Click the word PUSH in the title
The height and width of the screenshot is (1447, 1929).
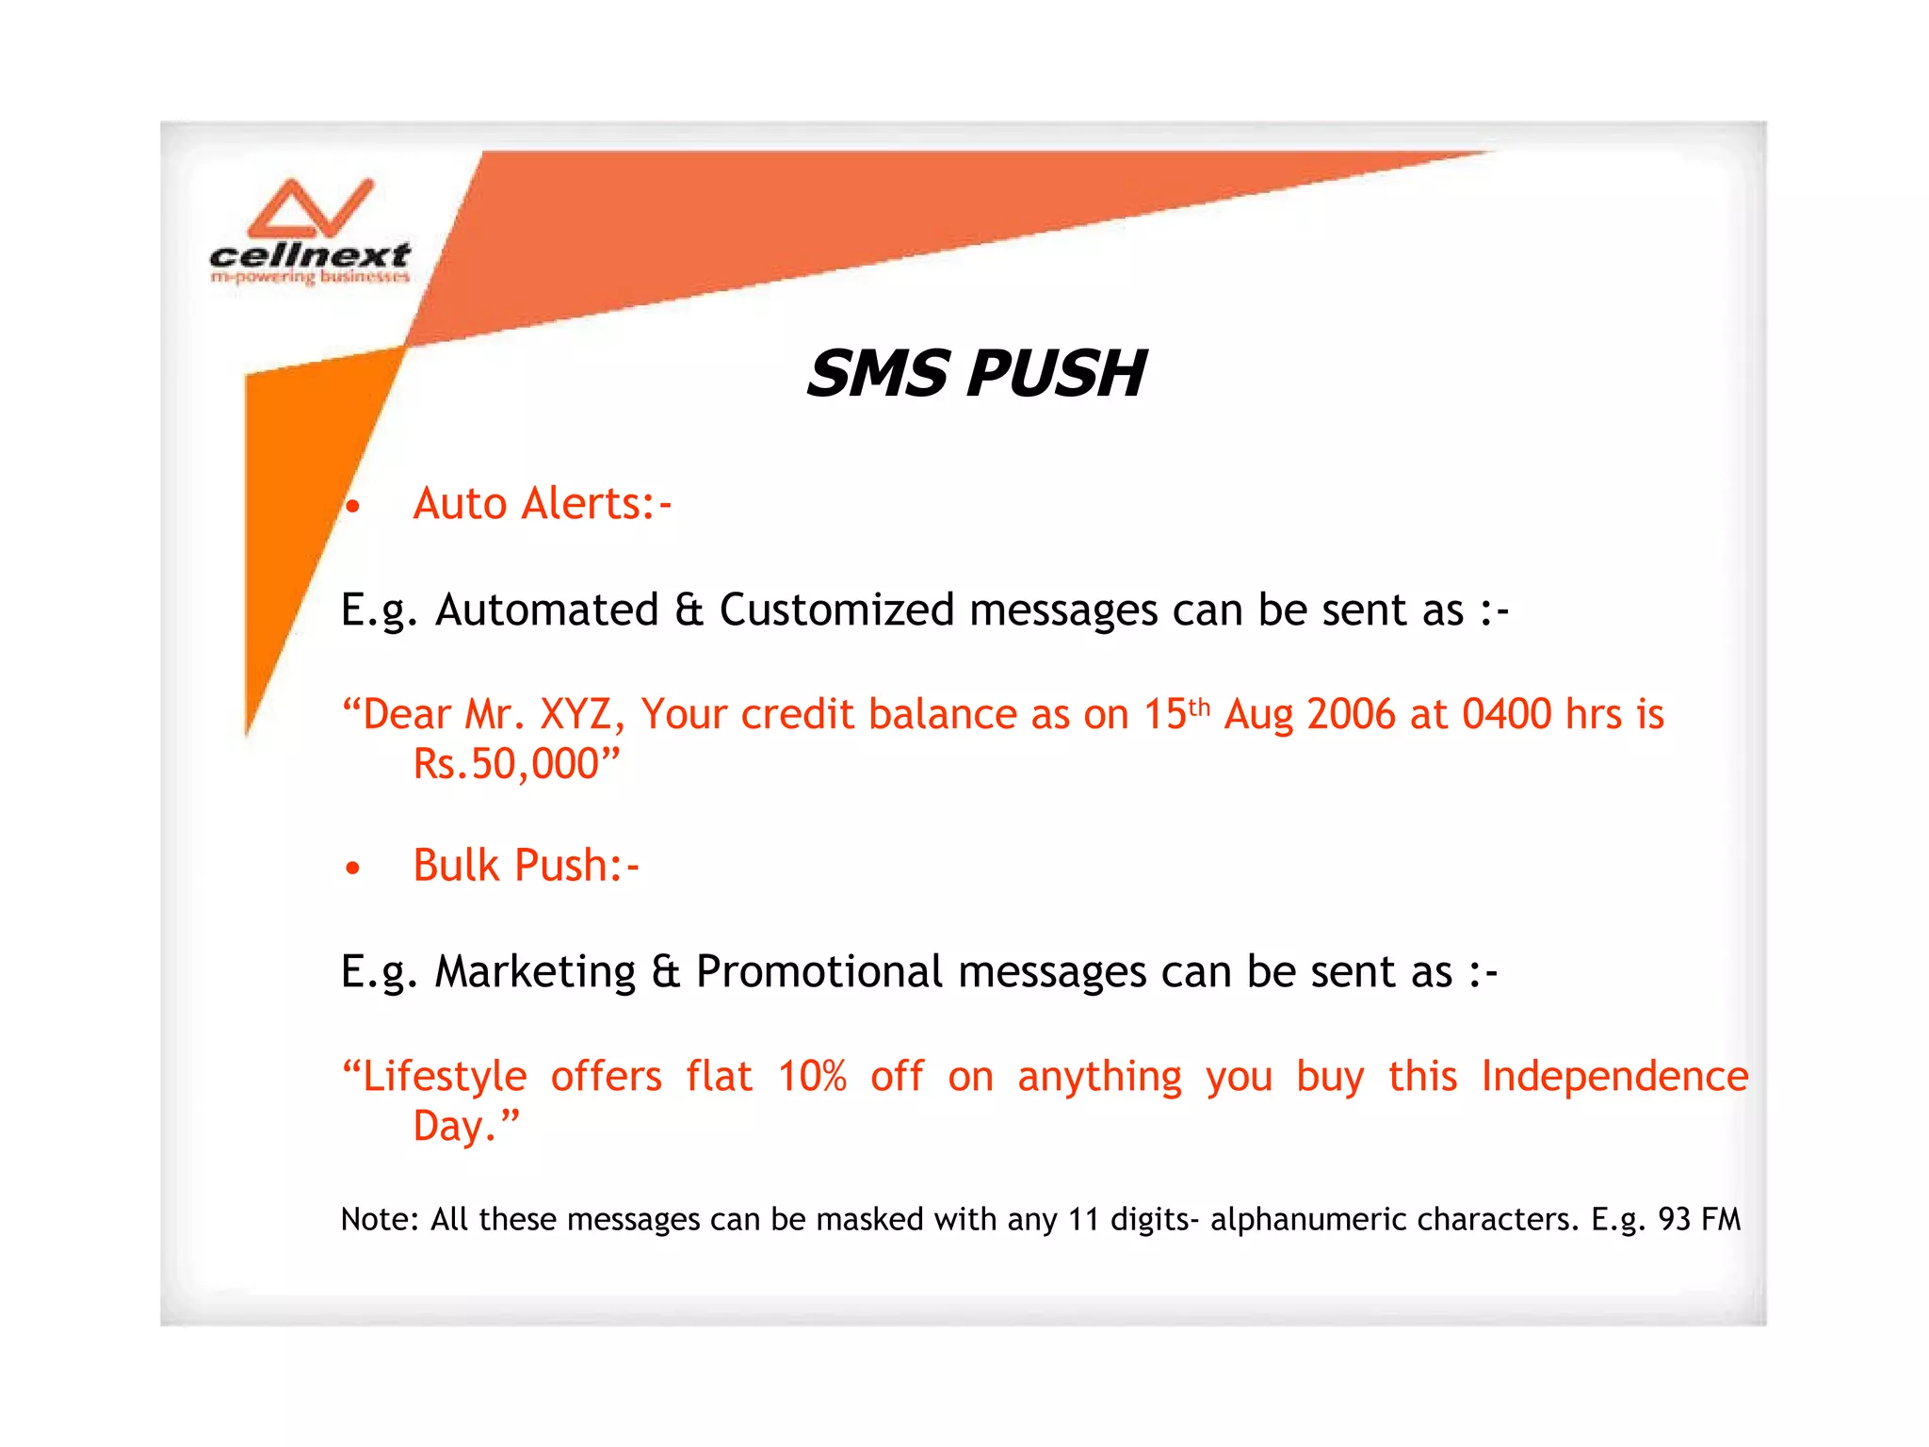[x=1056, y=374]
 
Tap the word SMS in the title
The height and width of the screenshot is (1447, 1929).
[x=877, y=374]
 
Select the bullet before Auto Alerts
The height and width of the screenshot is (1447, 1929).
[x=352, y=508]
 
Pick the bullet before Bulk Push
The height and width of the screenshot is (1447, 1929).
[x=352, y=868]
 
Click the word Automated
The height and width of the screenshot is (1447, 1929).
[x=546, y=610]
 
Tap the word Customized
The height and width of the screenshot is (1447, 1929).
[x=836, y=610]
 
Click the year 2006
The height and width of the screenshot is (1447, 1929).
[x=1352, y=715]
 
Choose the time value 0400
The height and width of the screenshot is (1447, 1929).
[x=1506, y=715]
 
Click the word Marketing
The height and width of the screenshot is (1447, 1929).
[x=535, y=972]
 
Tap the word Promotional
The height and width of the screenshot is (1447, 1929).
[x=819, y=972]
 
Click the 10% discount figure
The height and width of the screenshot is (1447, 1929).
[x=812, y=1077]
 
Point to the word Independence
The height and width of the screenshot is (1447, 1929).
[x=1614, y=1077]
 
